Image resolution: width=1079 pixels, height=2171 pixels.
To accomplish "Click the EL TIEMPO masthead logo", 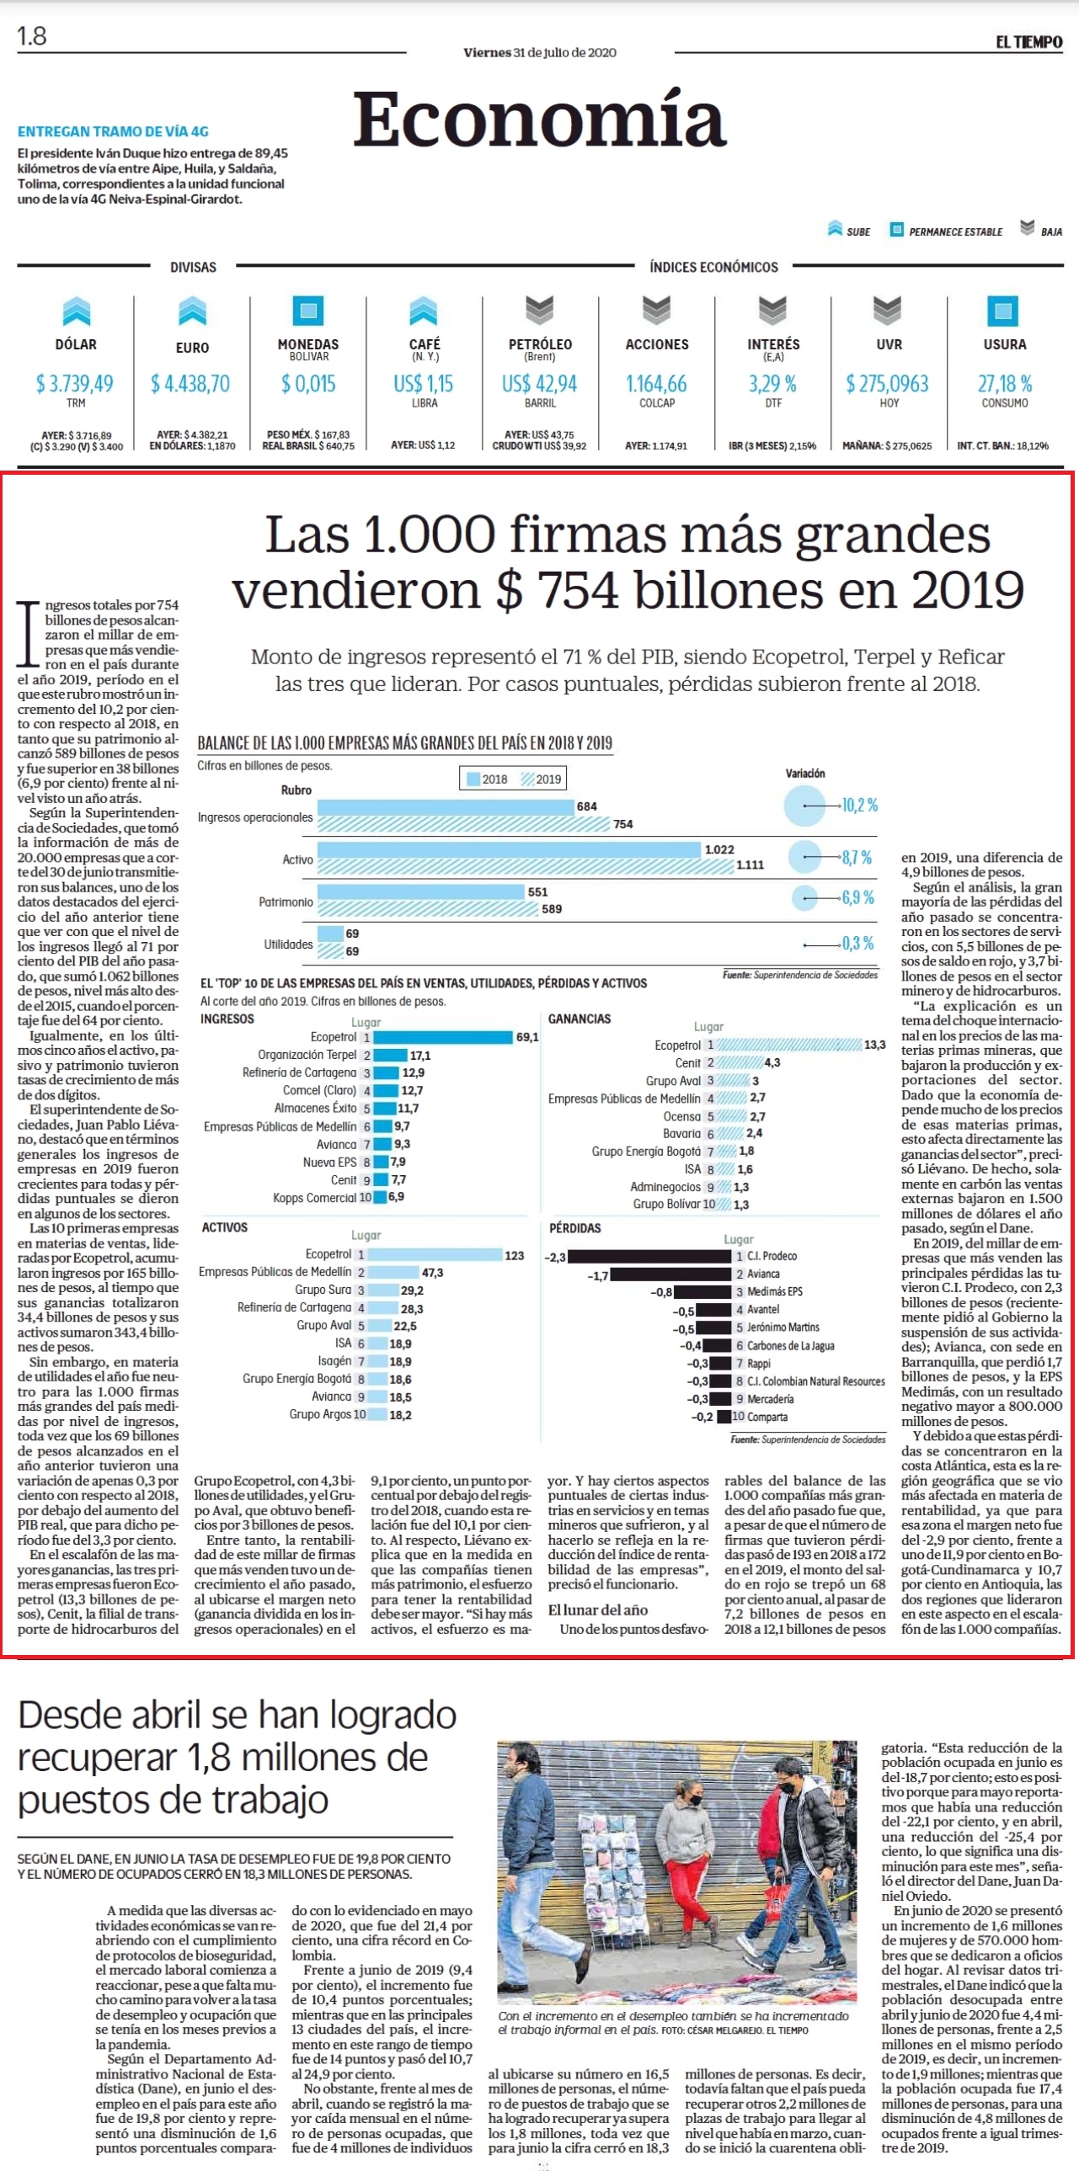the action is pos(1028,42).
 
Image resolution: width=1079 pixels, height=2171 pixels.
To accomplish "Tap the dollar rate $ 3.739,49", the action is pos(74,384).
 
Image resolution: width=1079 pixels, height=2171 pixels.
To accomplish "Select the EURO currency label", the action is pos(192,347).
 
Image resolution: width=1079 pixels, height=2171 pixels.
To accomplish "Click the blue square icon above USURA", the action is pos(1002,311).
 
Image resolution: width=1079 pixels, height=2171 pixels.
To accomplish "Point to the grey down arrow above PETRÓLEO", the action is pos(539,310).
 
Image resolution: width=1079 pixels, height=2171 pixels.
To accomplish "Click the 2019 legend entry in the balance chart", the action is pos(542,779).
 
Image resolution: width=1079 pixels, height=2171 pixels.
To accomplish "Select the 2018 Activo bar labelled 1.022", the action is pos(509,849).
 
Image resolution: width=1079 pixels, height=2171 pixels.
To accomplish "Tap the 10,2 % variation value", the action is pos(860,805).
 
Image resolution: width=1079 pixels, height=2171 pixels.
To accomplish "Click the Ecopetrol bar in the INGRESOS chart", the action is pos(442,1036).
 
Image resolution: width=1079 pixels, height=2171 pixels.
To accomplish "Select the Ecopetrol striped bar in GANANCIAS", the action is pos(789,1044).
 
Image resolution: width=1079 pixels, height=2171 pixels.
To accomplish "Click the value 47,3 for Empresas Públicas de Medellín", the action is pos(432,1273).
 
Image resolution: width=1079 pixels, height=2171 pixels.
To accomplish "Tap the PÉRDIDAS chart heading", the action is pos(575,1228).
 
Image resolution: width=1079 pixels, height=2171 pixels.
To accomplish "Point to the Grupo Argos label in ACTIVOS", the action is pos(320,1414).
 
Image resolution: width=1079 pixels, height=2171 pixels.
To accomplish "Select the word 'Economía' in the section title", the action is pos(539,119).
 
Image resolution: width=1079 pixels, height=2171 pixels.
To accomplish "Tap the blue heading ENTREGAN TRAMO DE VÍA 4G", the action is pos(113,131).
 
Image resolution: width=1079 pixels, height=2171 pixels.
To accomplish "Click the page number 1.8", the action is pos(32,36).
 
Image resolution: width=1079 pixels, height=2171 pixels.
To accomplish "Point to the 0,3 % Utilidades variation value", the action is pos(858,943).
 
